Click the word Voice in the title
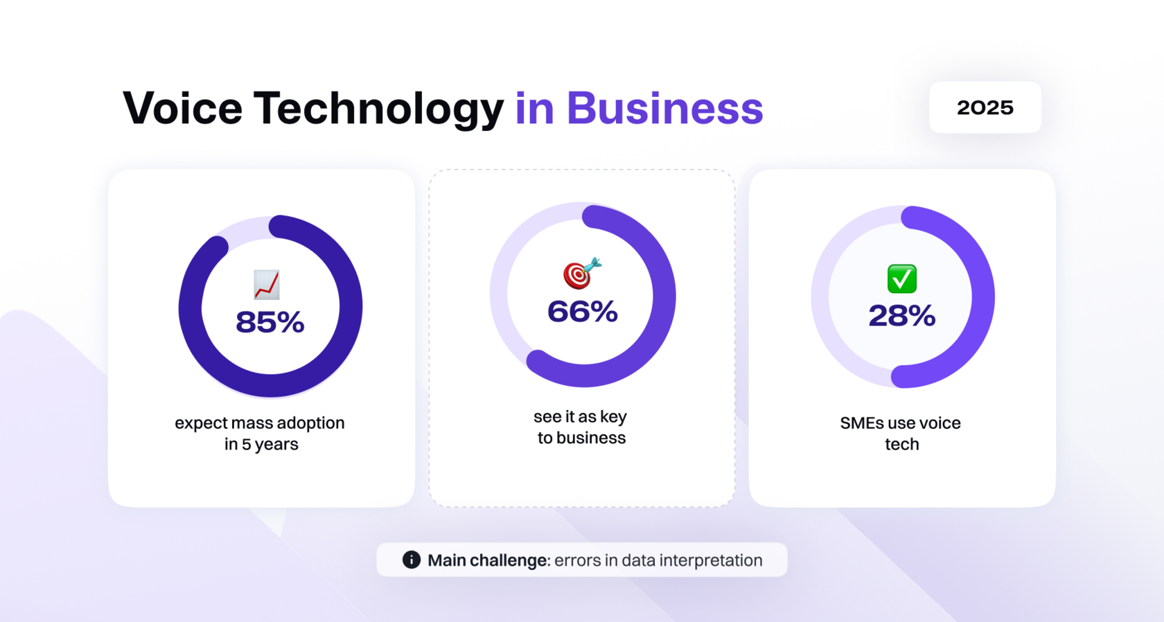click(x=182, y=108)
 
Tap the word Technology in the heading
click(x=378, y=109)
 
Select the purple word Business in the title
click(x=664, y=108)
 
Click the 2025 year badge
click(x=985, y=107)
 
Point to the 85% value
click(x=270, y=322)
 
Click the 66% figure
click(x=583, y=312)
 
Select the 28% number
click(x=902, y=316)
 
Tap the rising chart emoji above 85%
click(x=267, y=285)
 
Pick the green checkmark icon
click(x=902, y=279)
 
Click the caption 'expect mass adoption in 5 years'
click(x=260, y=434)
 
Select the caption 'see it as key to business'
click(x=581, y=427)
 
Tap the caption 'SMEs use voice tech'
click(x=901, y=434)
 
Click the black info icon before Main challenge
click(x=412, y=560)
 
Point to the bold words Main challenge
click(x=488, y=560)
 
